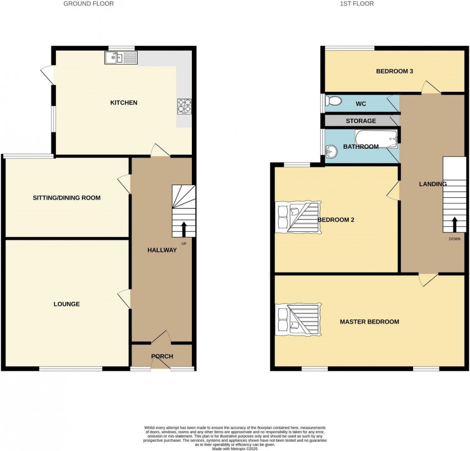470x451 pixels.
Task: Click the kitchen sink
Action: point(121,57)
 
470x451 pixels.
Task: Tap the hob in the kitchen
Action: point(183,105)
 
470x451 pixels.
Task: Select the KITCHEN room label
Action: point(124,103)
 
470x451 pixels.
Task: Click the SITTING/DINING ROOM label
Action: point(66,198)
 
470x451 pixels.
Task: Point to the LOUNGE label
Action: point(66,304)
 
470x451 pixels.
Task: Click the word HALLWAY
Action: point(162,250)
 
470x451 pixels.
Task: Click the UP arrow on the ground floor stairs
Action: point(184,229)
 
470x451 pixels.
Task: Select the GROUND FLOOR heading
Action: point(88,4)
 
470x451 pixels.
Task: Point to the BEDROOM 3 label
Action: point(395,71)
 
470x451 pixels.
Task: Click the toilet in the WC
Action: point(333,101)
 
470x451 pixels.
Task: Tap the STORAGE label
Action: point(361,121)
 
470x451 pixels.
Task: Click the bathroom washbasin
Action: point(332,151)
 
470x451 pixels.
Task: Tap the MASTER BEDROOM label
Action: point(369,322)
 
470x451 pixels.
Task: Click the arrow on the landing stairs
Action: point(455,224)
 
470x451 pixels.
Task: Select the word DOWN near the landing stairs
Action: point(455,239)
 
